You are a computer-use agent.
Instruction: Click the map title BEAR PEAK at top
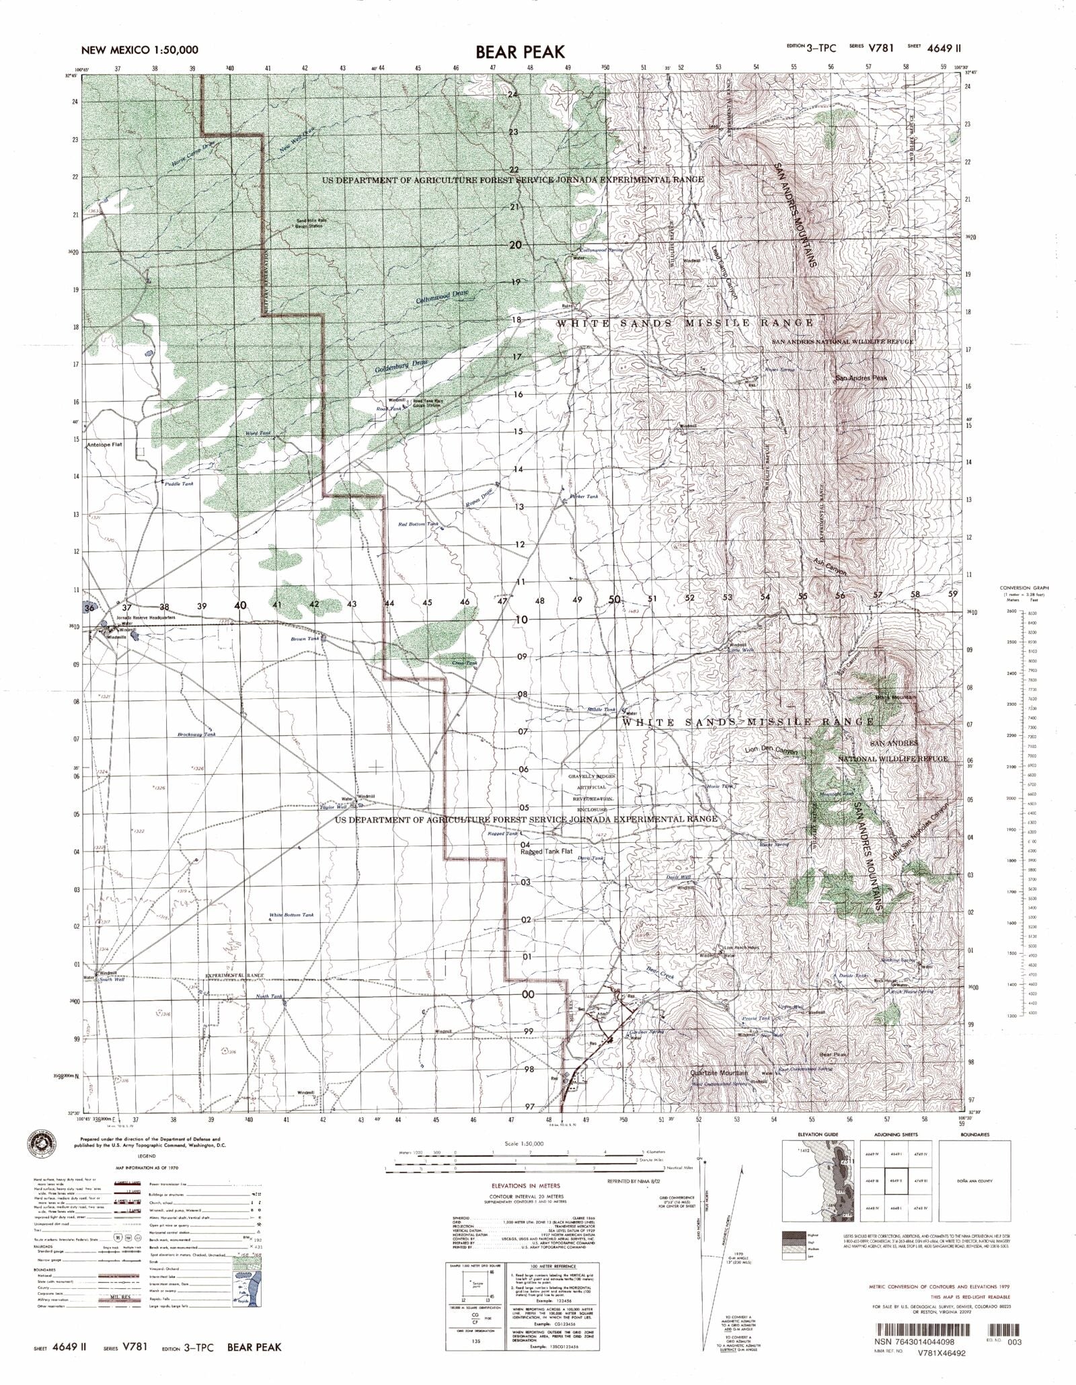(521, 52)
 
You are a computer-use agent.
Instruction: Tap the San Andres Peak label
(861, 378)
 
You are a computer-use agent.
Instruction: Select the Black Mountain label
(896, 698)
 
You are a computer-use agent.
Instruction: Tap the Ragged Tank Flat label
(546, 851)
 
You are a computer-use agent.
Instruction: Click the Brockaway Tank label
(197, 735)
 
